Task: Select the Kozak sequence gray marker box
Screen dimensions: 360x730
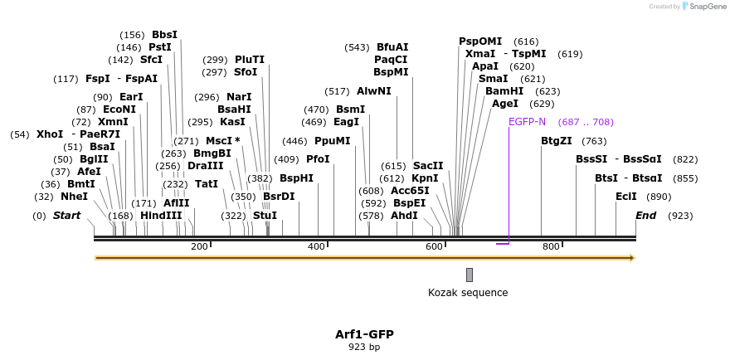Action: [x=470, y=275]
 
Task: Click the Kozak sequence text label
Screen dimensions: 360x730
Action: [x=468, y=293]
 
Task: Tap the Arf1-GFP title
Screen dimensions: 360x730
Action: [x=364, y=334]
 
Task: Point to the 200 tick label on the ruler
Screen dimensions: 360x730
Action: [x=199, y=246]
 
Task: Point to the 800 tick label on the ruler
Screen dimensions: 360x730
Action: [x=551, y=246]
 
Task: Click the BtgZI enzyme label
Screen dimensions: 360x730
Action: [x=557, y=141]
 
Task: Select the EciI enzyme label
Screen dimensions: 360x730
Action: [x=626, y=197]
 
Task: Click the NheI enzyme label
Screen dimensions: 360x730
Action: [x=74, y=197]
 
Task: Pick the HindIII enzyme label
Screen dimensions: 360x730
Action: [x=161, y=216]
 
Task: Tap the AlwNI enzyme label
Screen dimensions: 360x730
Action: [x=374, y=91]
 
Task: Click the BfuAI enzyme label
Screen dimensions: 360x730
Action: [x=392, y=47]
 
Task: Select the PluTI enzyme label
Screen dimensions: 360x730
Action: [x=250, y=60]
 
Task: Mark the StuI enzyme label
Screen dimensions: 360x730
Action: [x=265, y=216]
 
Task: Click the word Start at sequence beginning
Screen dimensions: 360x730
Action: [x=67, y=216]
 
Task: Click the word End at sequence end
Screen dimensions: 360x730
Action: [x=646, y=216]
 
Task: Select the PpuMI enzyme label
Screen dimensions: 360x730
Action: [x=333, y=141]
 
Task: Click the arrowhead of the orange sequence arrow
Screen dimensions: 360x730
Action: [x=632, y=258]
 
